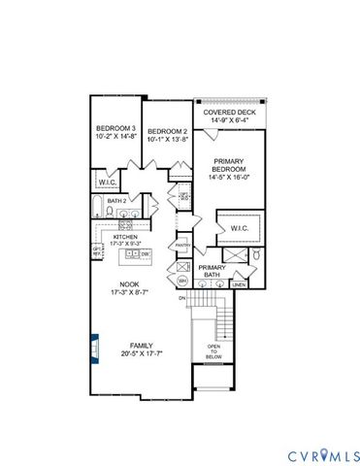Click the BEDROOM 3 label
coord(116,129)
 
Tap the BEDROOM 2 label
coord(166,131)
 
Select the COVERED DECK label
coord(228,112)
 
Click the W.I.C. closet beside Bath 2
coord(107,182)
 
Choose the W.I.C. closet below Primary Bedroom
coord(238,228)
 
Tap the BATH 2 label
coord(117,201)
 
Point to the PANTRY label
coord(181,246)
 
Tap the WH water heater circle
coord(181,281)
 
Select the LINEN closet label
coord(239,285)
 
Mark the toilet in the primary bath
coord(256,254)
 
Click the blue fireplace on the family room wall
coord(93,347)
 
